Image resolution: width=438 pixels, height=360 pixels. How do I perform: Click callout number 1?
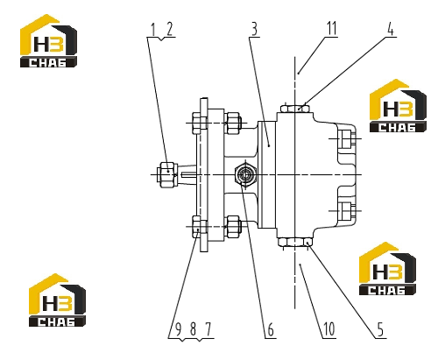pos(152,30)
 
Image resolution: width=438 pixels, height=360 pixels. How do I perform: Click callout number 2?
pos(169,30)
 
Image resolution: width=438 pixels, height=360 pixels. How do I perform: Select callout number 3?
pos(254,30)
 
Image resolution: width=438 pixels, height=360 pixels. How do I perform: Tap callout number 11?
pos(332,29)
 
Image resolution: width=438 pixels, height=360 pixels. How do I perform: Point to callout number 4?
pos(390,29)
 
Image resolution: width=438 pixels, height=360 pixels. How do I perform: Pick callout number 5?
pos(380,329)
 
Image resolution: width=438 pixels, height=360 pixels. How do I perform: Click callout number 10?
pos(329,329)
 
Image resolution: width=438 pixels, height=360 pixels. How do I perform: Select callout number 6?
pos(271,329)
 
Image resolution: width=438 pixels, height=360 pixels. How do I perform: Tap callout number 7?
pos(208,329)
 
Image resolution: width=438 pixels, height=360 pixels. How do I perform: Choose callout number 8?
pos(193,329)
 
